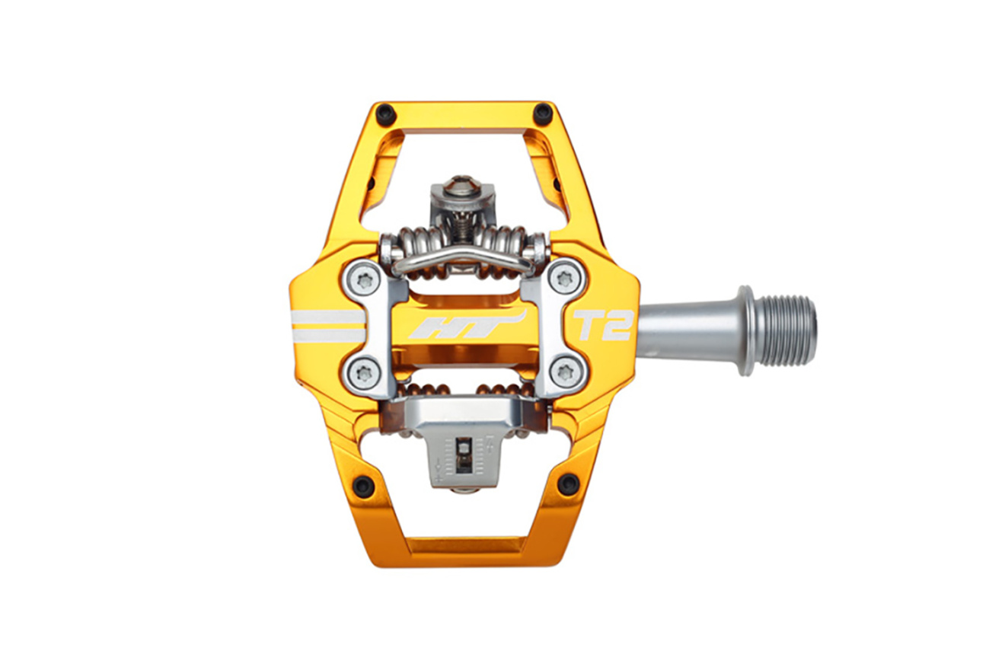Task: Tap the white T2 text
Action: pos(604,325)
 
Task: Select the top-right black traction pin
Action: pos(544,110)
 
